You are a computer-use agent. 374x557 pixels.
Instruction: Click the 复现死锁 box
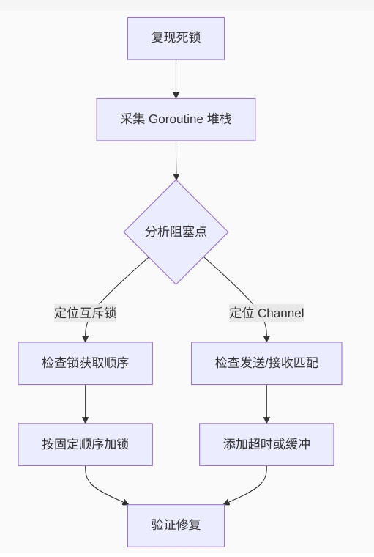[176, 38]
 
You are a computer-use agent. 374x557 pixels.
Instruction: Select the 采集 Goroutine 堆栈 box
[176, 119]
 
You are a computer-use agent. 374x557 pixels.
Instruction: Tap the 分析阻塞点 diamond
[176, 232]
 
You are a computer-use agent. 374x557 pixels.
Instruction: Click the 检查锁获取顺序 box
[85, 363]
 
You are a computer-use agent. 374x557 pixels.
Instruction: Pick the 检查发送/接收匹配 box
[266, 363]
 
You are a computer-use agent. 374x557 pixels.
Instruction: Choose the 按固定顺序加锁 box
[85, 444]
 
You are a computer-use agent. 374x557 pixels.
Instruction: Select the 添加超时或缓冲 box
[266, 444]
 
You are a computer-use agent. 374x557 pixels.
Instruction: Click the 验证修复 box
[176, 525]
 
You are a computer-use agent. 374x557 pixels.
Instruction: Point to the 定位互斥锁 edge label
[85, 313]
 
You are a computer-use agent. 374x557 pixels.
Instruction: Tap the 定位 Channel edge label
[266, 313]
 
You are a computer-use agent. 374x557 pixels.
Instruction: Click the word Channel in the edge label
[280, 313]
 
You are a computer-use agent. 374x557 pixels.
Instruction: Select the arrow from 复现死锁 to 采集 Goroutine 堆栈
[176, 78]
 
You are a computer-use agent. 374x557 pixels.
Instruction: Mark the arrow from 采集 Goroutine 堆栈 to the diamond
[176, 158]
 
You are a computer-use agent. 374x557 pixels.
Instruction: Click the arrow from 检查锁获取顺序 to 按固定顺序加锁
[85, 403]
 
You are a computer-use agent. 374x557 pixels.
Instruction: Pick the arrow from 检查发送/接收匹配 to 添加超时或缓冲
[266, 403]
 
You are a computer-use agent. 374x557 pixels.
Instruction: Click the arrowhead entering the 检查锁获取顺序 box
[85, 338]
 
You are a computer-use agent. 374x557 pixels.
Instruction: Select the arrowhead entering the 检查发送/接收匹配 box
[266, 338]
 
